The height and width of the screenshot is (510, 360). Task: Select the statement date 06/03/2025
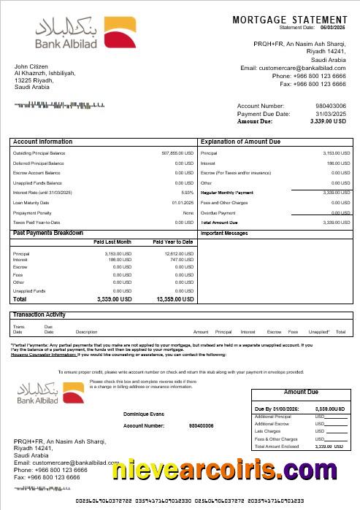point(333,27)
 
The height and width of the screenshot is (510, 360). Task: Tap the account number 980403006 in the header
point(331,107)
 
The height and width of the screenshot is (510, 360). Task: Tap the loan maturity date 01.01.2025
point(183,202)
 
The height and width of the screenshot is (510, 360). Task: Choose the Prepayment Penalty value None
point(188,212)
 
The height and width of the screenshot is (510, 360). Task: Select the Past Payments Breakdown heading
point(48,233)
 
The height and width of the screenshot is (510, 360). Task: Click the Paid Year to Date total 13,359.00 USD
point(176,299)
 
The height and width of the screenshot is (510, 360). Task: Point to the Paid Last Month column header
point(112,242)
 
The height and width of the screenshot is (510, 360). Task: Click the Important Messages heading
point(225,233)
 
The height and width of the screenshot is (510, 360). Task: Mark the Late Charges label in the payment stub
point(266,431)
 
